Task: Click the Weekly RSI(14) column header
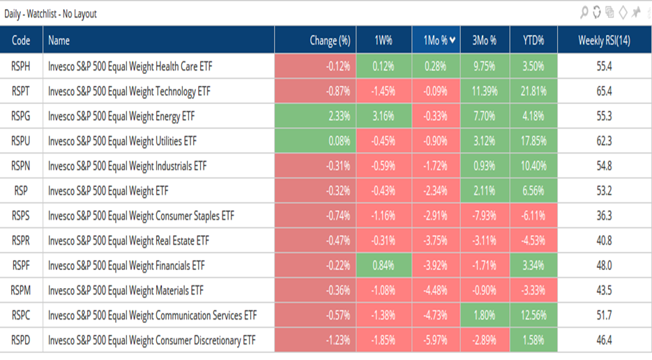point(604,41)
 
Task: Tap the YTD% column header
point(533,41)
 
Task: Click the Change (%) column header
point(329,41)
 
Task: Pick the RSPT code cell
point(21,91)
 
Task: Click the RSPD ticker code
point(21,340)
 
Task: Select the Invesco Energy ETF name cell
point(128,117)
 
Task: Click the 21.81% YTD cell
point(533,91)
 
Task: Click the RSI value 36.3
point(604,216)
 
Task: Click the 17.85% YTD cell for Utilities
point(533,142)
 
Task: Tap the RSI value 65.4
point(604,91)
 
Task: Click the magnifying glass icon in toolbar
point(584,13)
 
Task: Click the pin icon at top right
point(635,13)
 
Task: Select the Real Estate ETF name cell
point(128,241)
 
